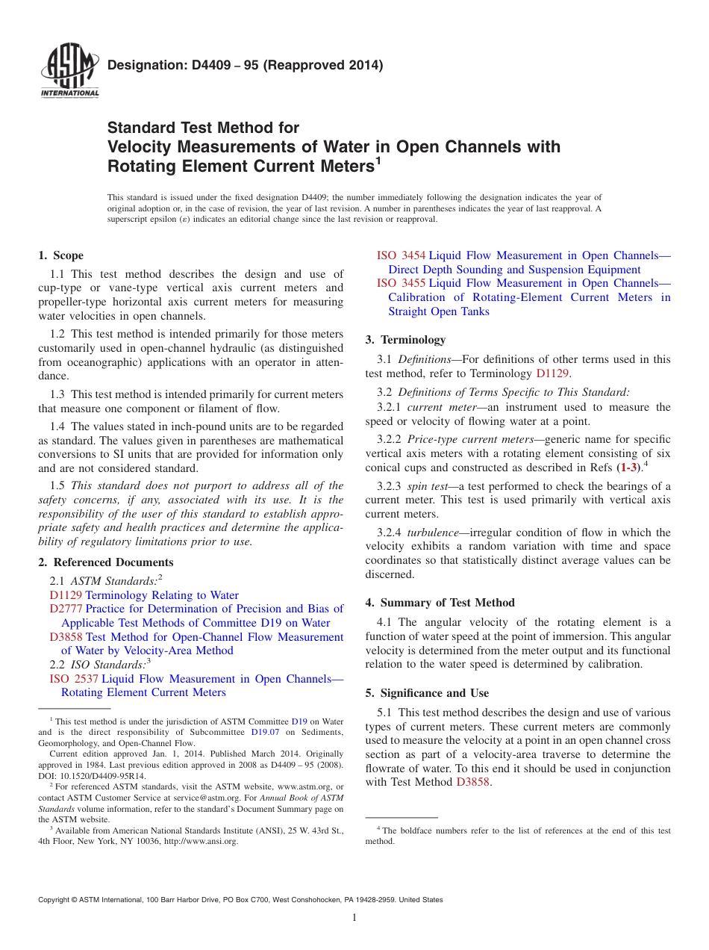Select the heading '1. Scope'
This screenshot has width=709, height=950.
click(61, 255)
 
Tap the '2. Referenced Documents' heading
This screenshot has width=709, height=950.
click(106, 562)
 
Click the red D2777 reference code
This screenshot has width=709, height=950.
click(66, 609)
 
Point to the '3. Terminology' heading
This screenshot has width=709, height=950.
click(405, 340)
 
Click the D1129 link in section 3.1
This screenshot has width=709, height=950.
click(552, 373)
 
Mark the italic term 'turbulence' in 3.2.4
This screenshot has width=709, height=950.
click(435, 533)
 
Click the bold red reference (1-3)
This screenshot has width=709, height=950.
click(630, 468)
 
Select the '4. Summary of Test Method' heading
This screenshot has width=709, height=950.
click(440, 603)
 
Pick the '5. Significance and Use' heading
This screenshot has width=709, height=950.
click(427, 693)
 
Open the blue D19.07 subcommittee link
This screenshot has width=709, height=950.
click(264, 733)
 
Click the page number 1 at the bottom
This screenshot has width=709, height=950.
click(354, 918)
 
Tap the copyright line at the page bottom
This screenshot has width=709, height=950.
click(240, 900)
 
